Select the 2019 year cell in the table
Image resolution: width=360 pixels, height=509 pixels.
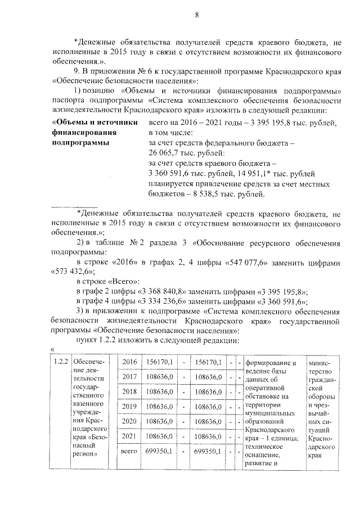pyautogui.click(x=129, y=407)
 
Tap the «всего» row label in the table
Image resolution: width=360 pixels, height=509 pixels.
pyautogui.click(x=129, y=451)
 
